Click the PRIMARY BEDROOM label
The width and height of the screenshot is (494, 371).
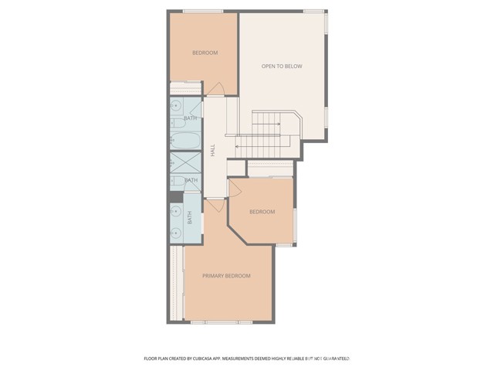[x=226, y=276]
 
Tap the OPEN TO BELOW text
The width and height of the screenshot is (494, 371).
[x=282, y=66]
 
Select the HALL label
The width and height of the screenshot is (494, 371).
[x=213, y=151]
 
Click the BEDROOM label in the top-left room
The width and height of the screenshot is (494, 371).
[x=205, y=53]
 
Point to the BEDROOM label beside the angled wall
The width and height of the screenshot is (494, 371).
[x=262, y=212]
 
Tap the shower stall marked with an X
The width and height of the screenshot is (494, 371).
[x=184, y=163]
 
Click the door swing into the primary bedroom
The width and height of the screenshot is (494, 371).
[x=215, y=206]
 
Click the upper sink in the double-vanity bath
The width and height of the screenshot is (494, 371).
[x=177, y=211]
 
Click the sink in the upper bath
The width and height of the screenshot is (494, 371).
[x=177, y=121]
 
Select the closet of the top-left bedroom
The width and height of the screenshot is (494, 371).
[x=185, y=87]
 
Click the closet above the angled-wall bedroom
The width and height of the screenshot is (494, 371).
[x=270, y=168]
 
